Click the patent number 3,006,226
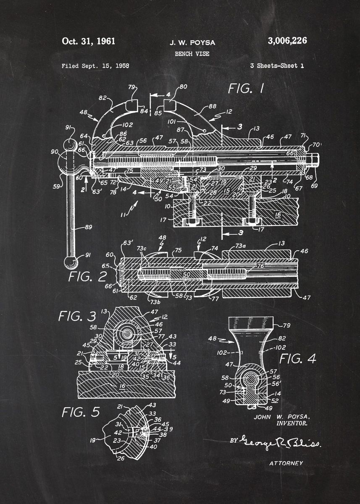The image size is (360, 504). (287, 41)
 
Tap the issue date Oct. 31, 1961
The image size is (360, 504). (88, 41)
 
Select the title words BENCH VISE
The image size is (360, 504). (192, 54)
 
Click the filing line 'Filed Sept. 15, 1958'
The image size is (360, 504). (95, 66)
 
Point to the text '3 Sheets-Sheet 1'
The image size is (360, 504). (277, 66)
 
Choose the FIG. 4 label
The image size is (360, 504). (297, 358)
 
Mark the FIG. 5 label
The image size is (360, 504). (81, 412)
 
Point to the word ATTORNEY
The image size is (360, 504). (286, 463)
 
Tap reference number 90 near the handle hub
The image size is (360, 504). (55, 151)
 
